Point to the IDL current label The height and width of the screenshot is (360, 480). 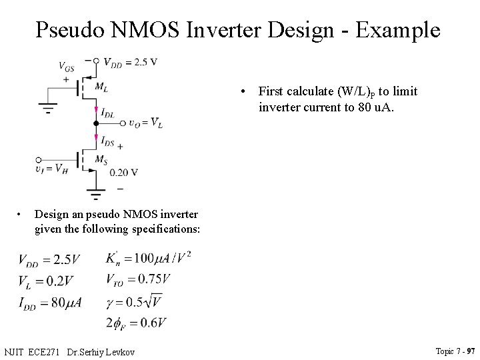pyautogui.click(x=107, y=114)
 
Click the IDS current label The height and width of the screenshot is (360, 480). pyautogui.click(x=107, y=140)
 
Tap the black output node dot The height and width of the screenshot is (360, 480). pyautogui.click(x=96, y=124)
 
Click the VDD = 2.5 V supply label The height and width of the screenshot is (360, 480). pyautogui.click(x=130, y=62)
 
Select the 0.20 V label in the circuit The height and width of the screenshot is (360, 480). pyautogui.click(x=123, y=173)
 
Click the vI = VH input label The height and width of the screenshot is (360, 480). pyautogui.click(x=52, y=169)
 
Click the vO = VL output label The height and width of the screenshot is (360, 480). pyautogui.click(x=145, y=123)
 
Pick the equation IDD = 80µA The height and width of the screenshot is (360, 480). pyautogui.click(x=50, y=302)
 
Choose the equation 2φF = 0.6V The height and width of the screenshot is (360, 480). pyautogui.click(x=135, y=323)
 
